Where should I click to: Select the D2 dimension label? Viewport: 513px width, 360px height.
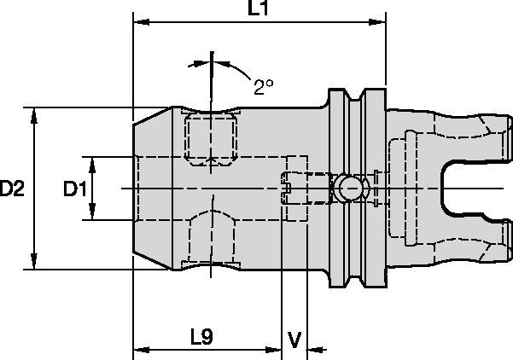tap(12, 189)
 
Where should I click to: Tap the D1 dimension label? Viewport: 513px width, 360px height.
tap(75, 189)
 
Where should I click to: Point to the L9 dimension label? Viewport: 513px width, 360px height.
tap(201, 337)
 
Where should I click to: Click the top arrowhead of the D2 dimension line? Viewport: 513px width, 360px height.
tap(34, 113)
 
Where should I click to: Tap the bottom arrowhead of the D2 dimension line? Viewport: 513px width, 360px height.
tap(34, 264)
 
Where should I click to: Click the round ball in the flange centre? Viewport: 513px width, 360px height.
tap(347, 189)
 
